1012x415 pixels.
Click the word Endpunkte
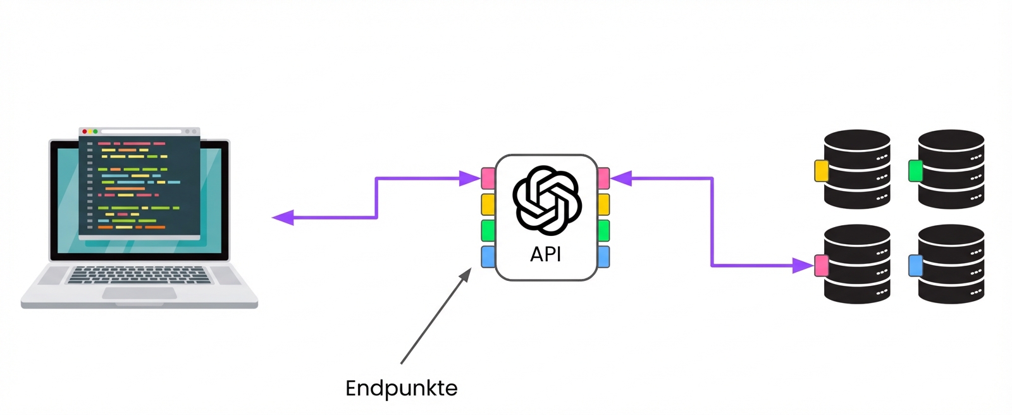(401, 388)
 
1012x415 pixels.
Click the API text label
(545, 254)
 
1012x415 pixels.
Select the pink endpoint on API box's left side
(488, 178)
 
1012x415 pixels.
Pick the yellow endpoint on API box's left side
(488, 204)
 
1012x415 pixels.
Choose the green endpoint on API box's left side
(488, 230)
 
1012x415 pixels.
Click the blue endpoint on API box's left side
(488, 257)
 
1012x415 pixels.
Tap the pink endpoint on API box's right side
(603, 178)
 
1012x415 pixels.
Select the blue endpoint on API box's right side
(603, 257)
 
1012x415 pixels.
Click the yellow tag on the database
(821, 171)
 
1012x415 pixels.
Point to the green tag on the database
(915, 171)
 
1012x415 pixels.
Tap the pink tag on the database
(821, 266)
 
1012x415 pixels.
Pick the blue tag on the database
(915, 266)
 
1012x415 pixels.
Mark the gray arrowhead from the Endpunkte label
(466, 274)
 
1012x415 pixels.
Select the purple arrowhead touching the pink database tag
(803, 266)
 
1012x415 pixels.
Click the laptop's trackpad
(139, 293)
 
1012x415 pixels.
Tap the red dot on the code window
(85, 132)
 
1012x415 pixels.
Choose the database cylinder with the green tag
(951, 170)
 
